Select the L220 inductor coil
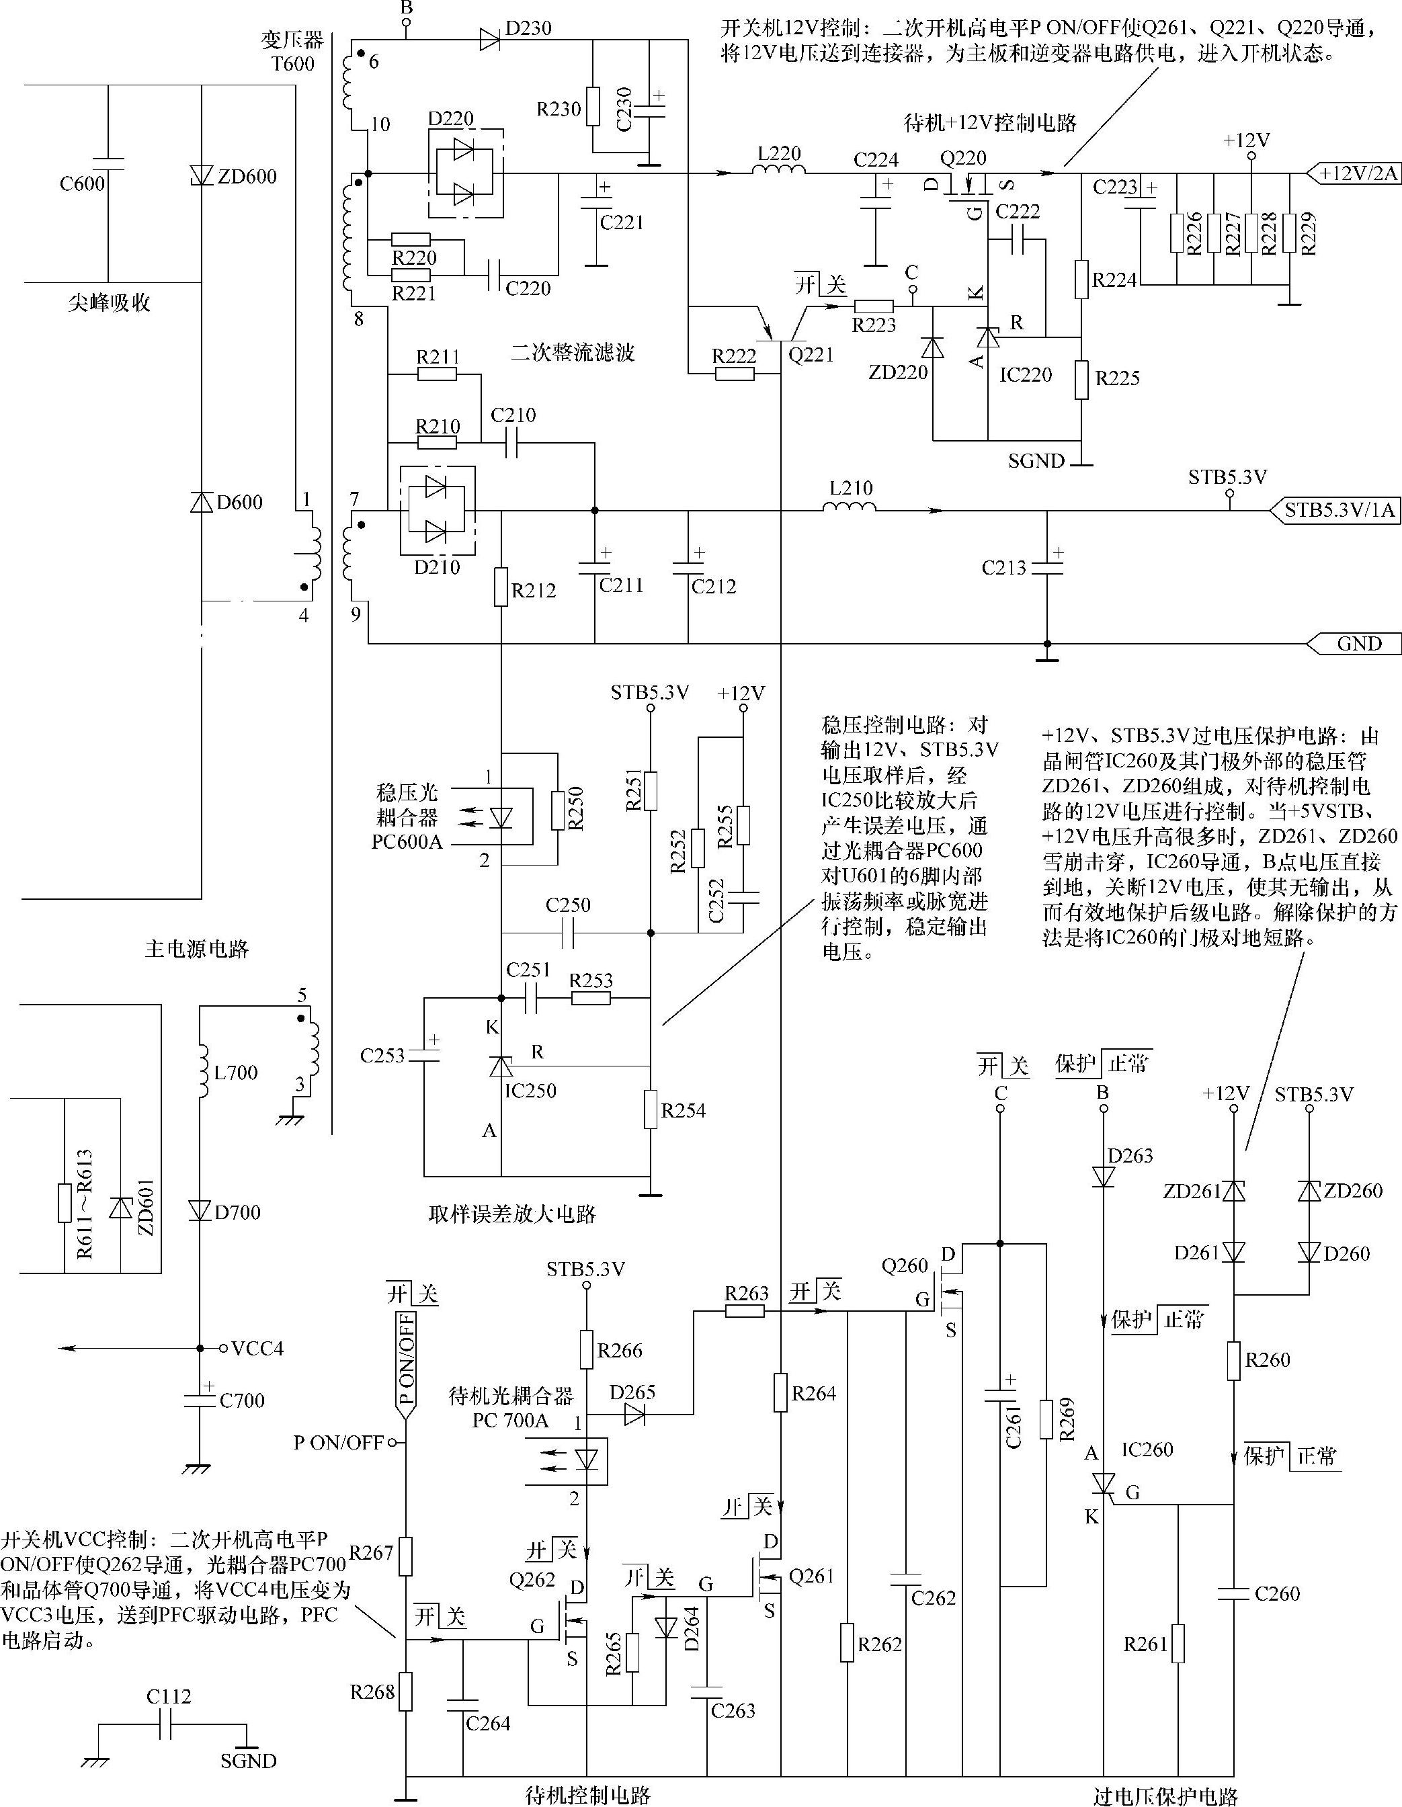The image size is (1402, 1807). pyautogui.click(x=779, y=171)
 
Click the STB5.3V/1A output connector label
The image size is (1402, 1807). pyautogui.click(x=1337, y=511)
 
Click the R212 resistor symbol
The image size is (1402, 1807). pyautogui.click(x=501, y=587)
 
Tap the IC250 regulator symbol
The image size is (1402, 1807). pyautogui.click(x=501, y=1066)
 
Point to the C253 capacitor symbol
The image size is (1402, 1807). pyautogui.click(x=425, y=1055)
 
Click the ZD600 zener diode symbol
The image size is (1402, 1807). pyautogui.click(x=201, y=175)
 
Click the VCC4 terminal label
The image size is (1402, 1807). pyautogui.click(x=257, y=1349)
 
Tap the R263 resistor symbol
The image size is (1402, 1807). pyautogui.click(x=744, y=1310)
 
